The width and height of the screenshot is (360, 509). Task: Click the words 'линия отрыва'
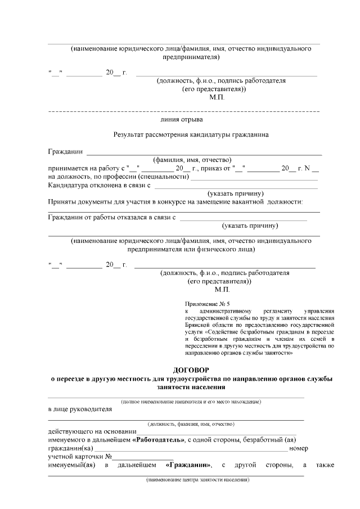coord(178,119)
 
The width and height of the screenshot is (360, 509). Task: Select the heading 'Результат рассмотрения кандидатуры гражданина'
coord(191,135)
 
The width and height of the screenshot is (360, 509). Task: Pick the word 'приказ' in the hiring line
coord(210,168)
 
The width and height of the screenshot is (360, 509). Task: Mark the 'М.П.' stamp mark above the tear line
coord(217,97)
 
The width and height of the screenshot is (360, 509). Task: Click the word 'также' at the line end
coord(324,465)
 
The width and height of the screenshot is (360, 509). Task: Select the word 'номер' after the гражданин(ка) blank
coord(298,448)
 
